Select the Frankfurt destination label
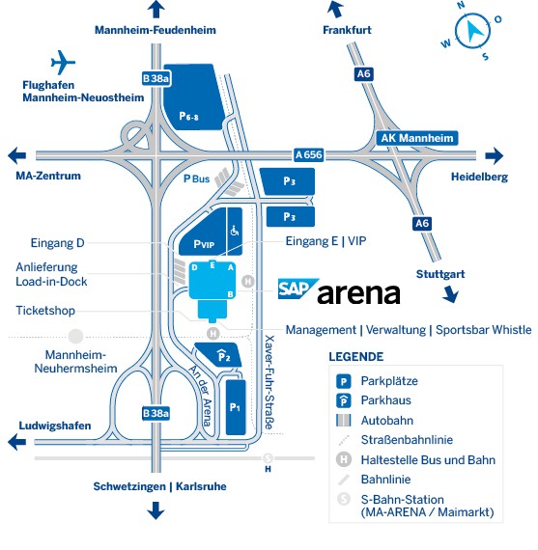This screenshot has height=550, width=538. tap(347, 31)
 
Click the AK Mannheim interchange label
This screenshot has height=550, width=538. tap(417, 138)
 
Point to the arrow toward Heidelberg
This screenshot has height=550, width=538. tap(495, 155)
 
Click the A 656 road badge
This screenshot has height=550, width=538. tap(308, 154)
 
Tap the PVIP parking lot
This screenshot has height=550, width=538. tap(203, 244)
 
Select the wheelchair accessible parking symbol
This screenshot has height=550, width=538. tap(233, 232)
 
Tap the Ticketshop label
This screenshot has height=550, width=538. tap(44, 311)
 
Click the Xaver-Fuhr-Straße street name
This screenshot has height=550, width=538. tap(269, 386)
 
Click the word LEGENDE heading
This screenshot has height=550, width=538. tap(355, 357)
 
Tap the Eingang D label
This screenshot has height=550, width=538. tap(59, 243)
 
